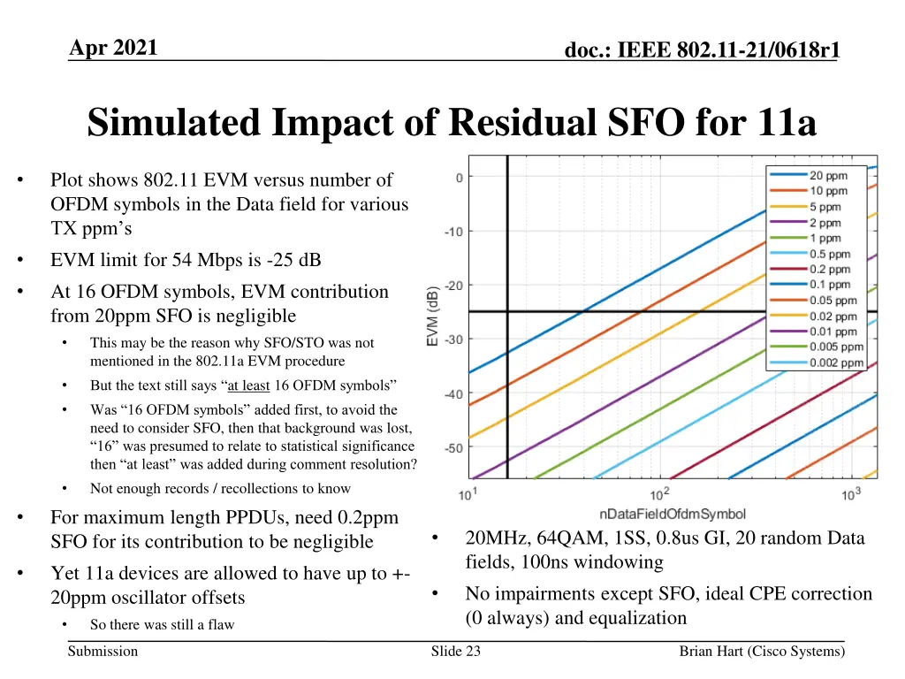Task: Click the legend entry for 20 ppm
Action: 828,175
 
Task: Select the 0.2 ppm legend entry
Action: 830,269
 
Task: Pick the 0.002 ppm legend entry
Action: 836,362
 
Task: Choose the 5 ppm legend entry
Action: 825,207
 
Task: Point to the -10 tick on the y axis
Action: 452,232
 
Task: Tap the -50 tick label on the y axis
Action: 452,448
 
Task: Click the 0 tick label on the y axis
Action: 459,178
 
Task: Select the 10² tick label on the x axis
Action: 659,493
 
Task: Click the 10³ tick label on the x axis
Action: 851,493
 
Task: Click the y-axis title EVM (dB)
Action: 433,316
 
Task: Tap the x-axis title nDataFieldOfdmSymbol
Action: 672,514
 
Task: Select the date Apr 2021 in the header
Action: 113,48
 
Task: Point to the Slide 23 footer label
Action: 456,652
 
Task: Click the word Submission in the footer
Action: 103,652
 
